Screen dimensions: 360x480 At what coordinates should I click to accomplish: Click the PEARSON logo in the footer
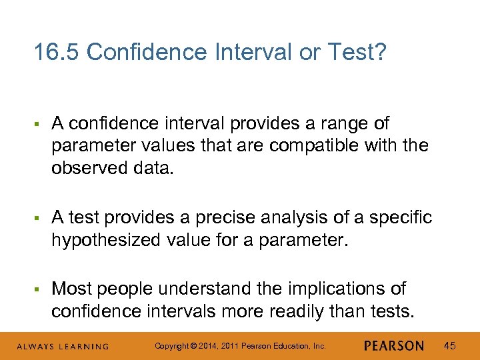pos(394,345)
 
